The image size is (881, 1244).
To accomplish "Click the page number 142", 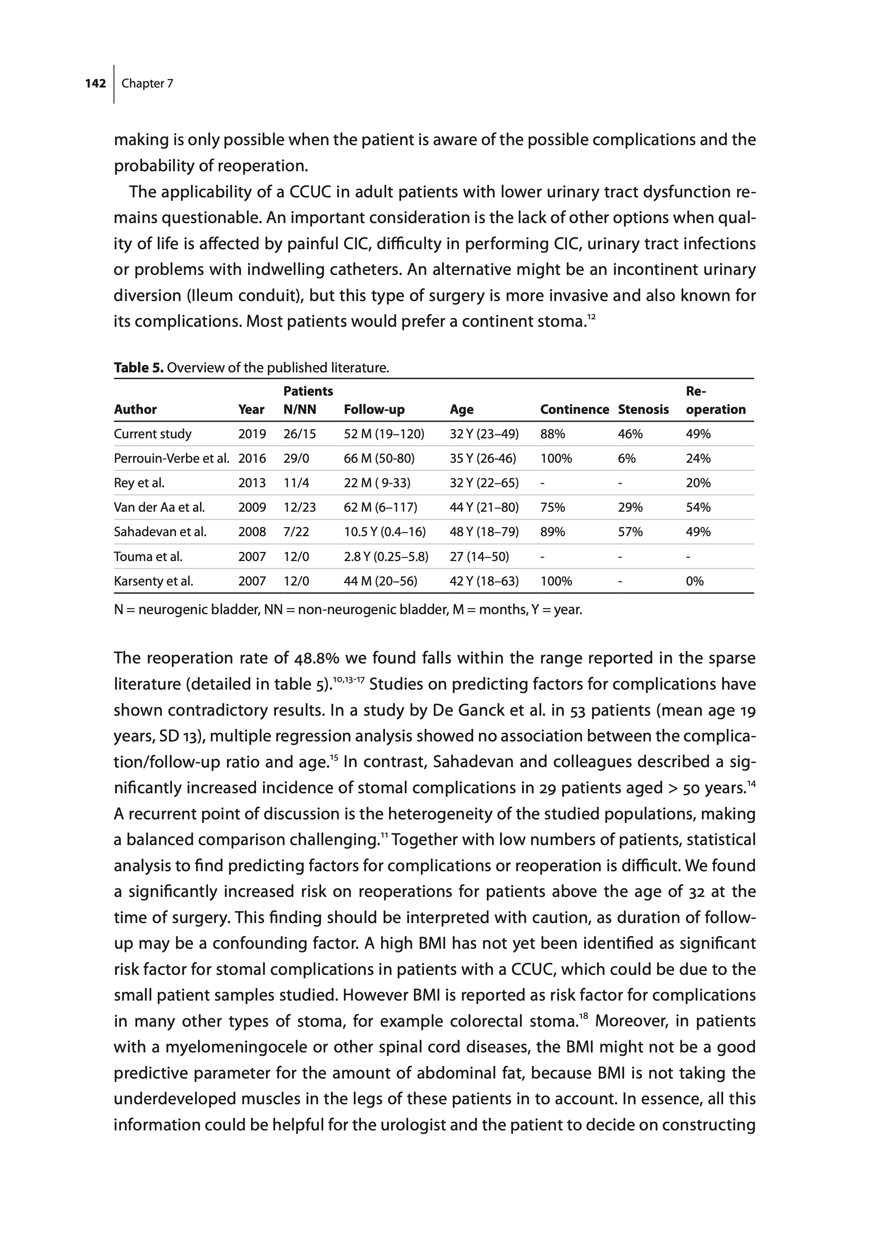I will (x=95, y=84).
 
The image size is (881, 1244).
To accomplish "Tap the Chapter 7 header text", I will (x=147, y=84).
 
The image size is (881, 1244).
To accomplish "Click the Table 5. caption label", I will (x=138, y=368).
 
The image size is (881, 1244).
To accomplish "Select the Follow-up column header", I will (x=374, y=410).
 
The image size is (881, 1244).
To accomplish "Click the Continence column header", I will (x=574, y=410).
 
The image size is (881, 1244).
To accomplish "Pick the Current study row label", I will (x=152, y=434).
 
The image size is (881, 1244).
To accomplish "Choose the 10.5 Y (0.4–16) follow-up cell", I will (x=385, y=532).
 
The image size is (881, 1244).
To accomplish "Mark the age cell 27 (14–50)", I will (x=479, y=557).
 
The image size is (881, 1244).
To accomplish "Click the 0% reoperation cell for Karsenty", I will (x=695, y=581).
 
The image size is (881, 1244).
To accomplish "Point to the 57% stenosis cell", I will (x=630, y=532).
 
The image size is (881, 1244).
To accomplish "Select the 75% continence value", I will (x=552, y=508).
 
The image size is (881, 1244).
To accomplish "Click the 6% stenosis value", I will (x=626, y=459).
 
